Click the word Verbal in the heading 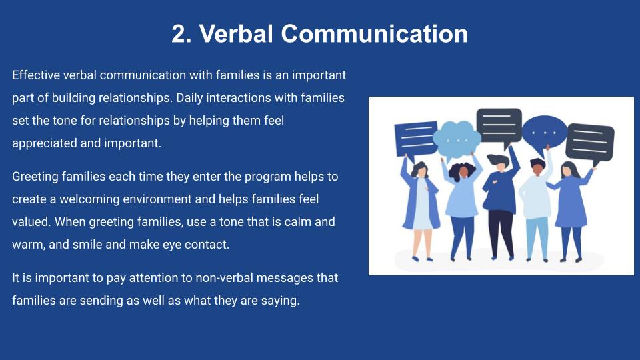click(236, 33)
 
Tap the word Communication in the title click(374, 33)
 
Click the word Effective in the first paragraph click(36, 75)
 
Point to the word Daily click(189, 98)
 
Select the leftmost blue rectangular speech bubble click(416, 139)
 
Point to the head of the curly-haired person click(462, 171)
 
